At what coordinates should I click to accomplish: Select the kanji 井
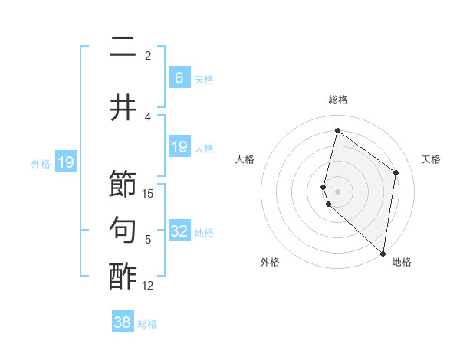point(123,108)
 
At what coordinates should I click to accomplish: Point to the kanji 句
point(123,231)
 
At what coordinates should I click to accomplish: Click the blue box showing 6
point(179,77)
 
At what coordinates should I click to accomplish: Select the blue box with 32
point(179,231)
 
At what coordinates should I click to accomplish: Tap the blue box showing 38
point(122,322)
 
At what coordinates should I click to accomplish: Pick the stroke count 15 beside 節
point(148,194)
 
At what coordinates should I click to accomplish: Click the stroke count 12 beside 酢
point(148,286)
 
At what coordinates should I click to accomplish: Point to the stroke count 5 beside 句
point(148,240)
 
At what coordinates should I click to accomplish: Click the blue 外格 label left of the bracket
point(41,163)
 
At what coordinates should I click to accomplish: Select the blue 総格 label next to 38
point(147,324)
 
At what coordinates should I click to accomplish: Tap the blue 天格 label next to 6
point(204,79)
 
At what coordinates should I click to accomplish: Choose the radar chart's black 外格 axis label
point(270,262)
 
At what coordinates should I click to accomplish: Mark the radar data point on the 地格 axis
point(383,253)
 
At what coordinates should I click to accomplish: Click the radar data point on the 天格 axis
point(396,172)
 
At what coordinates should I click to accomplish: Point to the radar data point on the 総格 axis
point(337,130)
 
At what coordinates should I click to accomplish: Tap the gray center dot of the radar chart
point(337,190)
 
